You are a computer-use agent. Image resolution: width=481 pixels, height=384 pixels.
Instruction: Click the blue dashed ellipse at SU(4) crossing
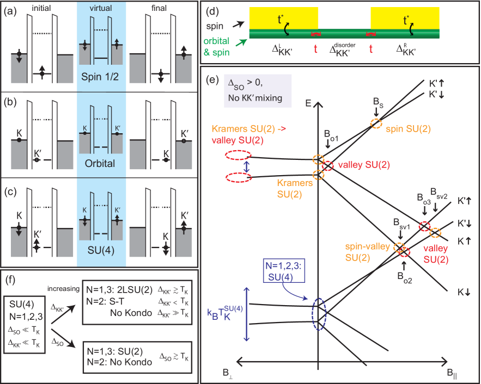click(x=318, y=313)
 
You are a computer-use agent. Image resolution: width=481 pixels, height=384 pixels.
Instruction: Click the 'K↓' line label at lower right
click(x=464, y=292)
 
